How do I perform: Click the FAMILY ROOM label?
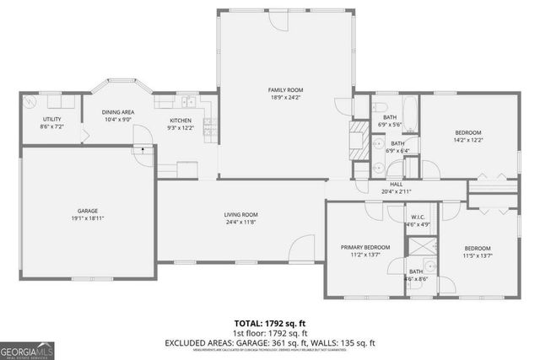pyautogui.click(x=285, y=90)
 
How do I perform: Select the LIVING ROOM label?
pyautogui.click(x=240, y=215)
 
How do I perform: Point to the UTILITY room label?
pyautogui.click(x=51, y=119)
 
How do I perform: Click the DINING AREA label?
pyautogui.click(x=118, y=112)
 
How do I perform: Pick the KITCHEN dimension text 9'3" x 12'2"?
pyautogui.click(x=181, y=128)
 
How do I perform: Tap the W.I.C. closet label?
pyautogui.click(x=394, y=216)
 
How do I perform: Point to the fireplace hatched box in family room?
pyautogui.click(x=359, y=134)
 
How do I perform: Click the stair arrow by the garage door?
pyautogui.click(x=143, y=149)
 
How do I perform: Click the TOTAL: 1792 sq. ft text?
pyautogui.click(x=270, y=322)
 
